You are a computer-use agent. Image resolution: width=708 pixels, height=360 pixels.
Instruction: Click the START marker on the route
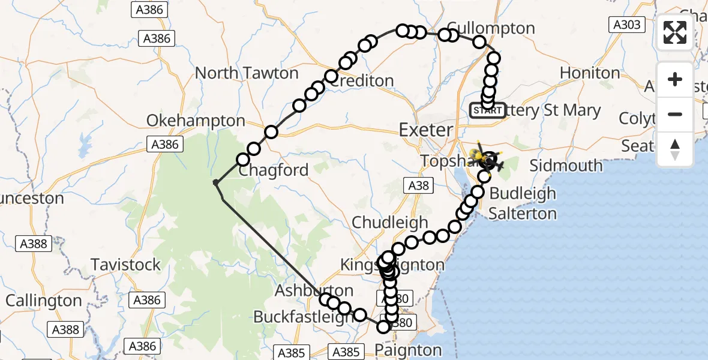[x=487, y=110]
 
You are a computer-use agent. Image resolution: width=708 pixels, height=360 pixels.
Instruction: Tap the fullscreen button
[x=675, y=32]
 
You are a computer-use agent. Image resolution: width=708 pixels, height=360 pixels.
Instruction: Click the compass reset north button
[x=675, y=149]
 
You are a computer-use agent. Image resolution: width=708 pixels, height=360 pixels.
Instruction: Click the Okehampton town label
[x=196, y=121]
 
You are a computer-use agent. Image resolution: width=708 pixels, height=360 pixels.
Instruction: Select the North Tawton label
[x=247, y=73]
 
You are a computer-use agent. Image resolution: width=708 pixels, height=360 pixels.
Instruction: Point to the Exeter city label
[x=425, y=130]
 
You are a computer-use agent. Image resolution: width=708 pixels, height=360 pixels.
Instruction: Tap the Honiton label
[x=590, y=73]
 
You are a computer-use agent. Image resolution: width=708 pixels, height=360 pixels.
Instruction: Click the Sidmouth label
[x=566, y=166]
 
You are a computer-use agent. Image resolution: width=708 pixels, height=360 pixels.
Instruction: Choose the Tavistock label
[x=125, y=264]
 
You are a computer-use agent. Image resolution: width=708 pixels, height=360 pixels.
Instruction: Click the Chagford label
[x=274, y=170]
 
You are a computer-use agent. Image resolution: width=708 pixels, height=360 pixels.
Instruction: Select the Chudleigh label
[x=390, y=222]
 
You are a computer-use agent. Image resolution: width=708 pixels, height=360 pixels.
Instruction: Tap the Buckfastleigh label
[x=303, y=316]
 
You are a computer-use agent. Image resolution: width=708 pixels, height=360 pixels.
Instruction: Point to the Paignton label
[x=408, y=350]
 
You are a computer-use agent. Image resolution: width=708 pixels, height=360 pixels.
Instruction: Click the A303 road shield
[x=626, y=25]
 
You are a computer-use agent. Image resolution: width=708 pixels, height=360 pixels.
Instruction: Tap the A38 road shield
[x=418, y=185]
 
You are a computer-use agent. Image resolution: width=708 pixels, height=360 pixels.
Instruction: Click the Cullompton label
[x=491, y=28]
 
